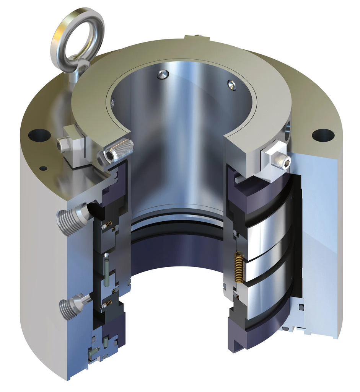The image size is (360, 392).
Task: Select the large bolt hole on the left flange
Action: pos(39,135)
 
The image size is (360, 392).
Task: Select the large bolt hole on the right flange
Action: pos(323,135)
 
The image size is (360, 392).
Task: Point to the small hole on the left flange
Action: pos(43,168)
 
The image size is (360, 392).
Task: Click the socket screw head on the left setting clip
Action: pos(62,145)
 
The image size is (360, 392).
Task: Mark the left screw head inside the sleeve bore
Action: pos(163,75)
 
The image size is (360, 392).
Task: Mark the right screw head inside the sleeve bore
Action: pos(232,85)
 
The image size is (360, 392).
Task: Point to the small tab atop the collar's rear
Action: pos(197,37)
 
